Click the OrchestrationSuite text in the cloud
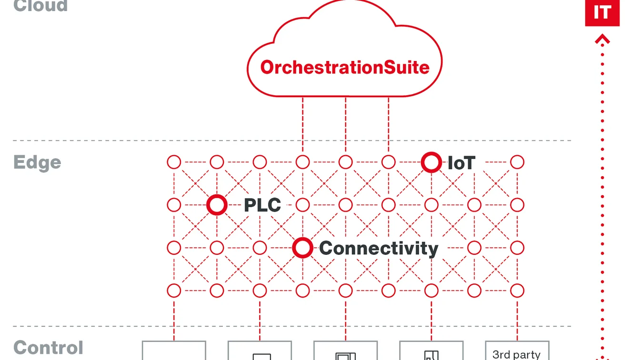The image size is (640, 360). pyautogui.click(x=345, y=67)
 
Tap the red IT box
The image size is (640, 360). pyautogui.click(x=602, y=12)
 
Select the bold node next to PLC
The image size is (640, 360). pyautogui.click(x=217, y=205)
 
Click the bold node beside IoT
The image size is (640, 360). pyautogui.click(x=431, y=162)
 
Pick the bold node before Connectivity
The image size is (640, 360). pyautogui.click(x=302, y=248)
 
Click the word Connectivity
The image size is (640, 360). pyautogui.click(x=379, y=249)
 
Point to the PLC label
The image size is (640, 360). pyautogui.click(x=262, y=206)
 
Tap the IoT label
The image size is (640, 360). pyautogui.click(x=461, y=163)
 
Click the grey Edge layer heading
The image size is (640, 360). pyautogui.click(x=37, y=162)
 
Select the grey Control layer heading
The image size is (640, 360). pyautogui.click(x=48, y=348)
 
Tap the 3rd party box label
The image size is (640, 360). pyautogui.click(x=517, y=354)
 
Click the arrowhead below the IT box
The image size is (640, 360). pyautogui.click(x=602, y=40)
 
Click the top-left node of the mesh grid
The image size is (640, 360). pyautogui.click(x=174, y=162)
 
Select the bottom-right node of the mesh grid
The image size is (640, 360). pyautogui.click(x=517, y=290)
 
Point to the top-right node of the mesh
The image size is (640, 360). pyautogui.click(x=517, y=162)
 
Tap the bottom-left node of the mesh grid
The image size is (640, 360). pyautogui.click(x=174, y=290)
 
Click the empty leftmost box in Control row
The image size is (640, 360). pyautogui.click(x=174, y=351)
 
